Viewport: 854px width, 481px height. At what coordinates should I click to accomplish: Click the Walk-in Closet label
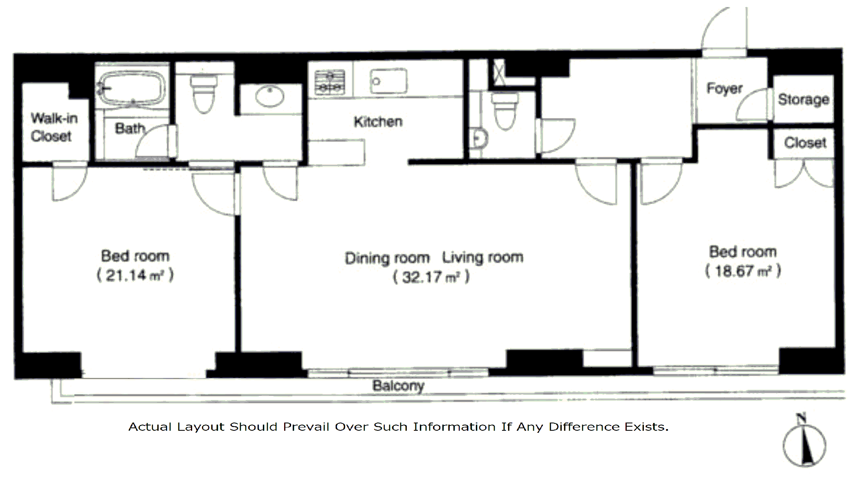coord(54,127)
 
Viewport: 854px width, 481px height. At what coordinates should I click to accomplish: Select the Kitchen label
coord(378,121)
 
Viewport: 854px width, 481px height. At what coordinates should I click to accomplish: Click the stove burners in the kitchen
coord(329,82)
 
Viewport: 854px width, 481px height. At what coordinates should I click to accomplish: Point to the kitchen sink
coord(388,81)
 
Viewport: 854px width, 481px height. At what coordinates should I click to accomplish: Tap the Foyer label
coord(724,89)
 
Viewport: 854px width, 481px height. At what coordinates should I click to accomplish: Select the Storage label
coord(803,99)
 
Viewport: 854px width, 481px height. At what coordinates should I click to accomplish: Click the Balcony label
coord(398,385)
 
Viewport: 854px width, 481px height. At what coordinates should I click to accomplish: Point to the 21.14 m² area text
coord(135,275)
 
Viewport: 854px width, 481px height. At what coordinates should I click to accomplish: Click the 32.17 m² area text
coord(431,277)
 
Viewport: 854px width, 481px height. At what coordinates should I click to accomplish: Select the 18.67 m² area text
coord(743,271)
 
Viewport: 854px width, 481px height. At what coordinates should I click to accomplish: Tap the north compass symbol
coord(804,441)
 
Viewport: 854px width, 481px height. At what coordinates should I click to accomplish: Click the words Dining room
coord(387,258)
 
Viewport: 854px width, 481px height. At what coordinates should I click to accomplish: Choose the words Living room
coord(483,257)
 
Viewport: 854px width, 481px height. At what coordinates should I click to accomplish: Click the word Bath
coord(130,128)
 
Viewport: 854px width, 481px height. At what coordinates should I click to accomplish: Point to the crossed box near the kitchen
coord(499,73)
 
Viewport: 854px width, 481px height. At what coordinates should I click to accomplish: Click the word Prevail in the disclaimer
coord(306,427)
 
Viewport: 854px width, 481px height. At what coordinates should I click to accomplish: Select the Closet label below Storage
coord(805,143)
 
